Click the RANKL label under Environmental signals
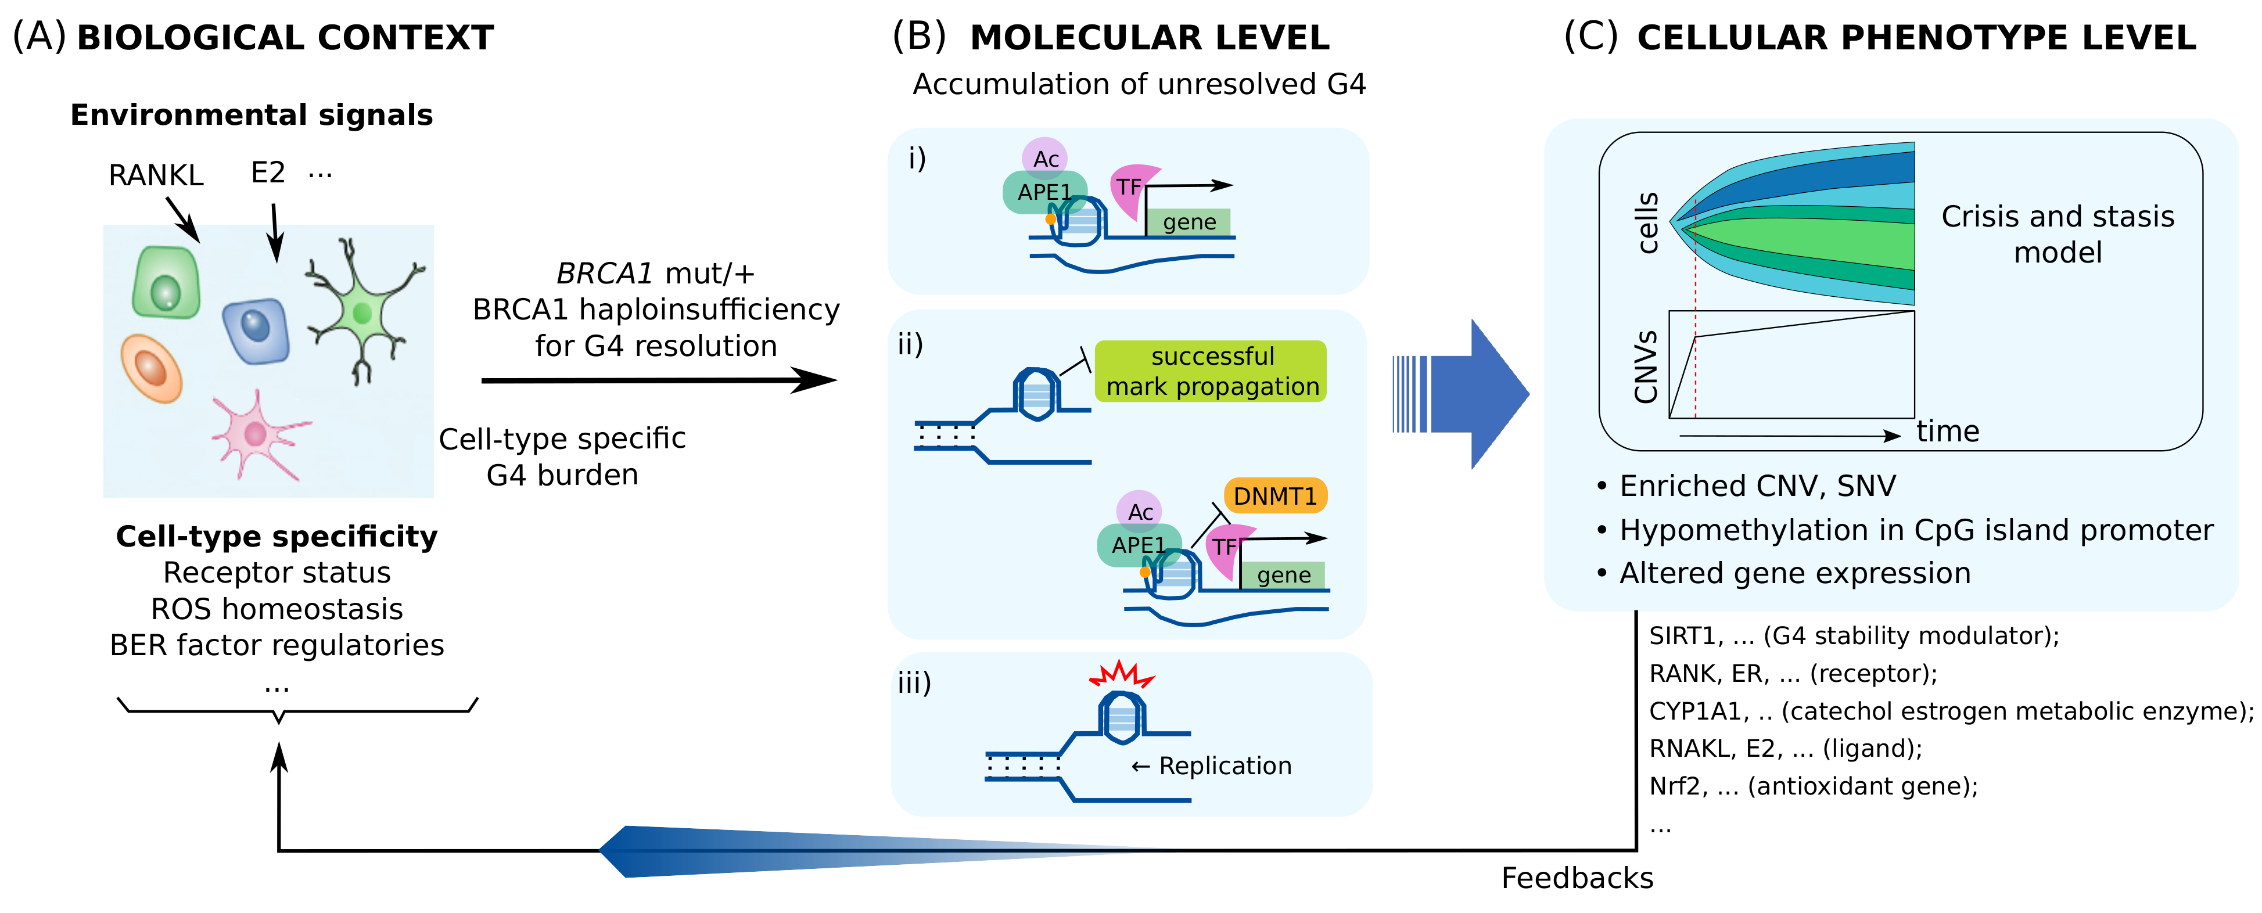(x=156, y=175)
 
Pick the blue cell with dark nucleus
(x=256, y=330)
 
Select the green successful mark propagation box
(x=1211, y=371)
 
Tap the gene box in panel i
(x=1189, y=222)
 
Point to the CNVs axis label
(x=1646, y=367)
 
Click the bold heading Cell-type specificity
(x=277, y=537)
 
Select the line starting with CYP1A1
(x=1949, y=711)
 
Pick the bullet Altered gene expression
(x=1793, y=573)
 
